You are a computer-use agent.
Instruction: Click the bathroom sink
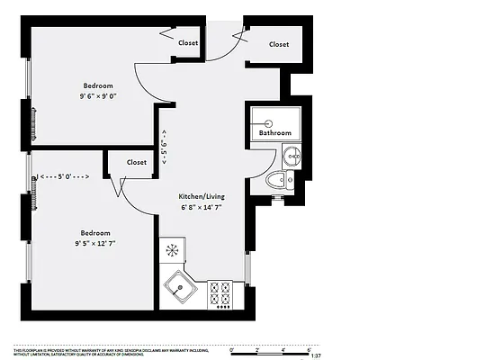[x=292, y=157]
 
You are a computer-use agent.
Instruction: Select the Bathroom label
[x=274, y=133]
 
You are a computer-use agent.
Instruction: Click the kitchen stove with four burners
[x=220, y=293]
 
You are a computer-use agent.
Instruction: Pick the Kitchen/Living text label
[x=200, y=195]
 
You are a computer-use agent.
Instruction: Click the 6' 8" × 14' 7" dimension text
[x=200, y=207]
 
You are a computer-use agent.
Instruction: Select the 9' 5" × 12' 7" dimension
[x=95, y=242]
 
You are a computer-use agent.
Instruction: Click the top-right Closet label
[x=279, y=44]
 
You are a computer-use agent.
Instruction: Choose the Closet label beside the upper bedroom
[x=188, y=42]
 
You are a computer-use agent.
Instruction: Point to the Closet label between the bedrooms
[x=137, y=163]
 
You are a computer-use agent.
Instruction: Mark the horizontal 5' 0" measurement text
[x=65, y=177]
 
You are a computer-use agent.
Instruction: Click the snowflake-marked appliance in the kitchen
[x=172, y=249]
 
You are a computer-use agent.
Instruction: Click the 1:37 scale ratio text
[x=315, y=356]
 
